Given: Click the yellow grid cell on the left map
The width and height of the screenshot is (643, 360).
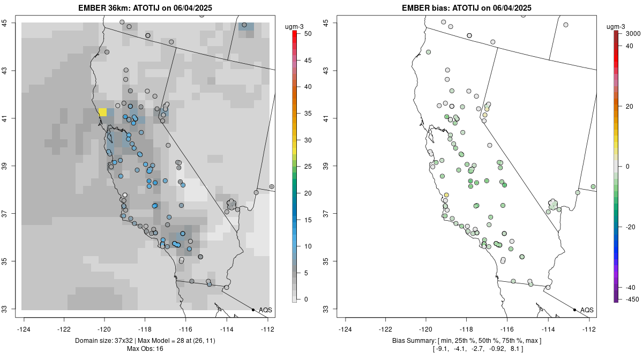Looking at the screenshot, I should click(102, 112).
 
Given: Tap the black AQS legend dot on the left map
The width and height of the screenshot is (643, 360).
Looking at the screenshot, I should click(253, 310).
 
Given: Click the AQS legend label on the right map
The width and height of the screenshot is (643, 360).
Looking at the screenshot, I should click(587, 310).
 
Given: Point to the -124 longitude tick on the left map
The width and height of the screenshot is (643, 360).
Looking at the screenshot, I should click(25, 328).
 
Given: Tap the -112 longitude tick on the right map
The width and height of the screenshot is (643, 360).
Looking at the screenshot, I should click(588, 328).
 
